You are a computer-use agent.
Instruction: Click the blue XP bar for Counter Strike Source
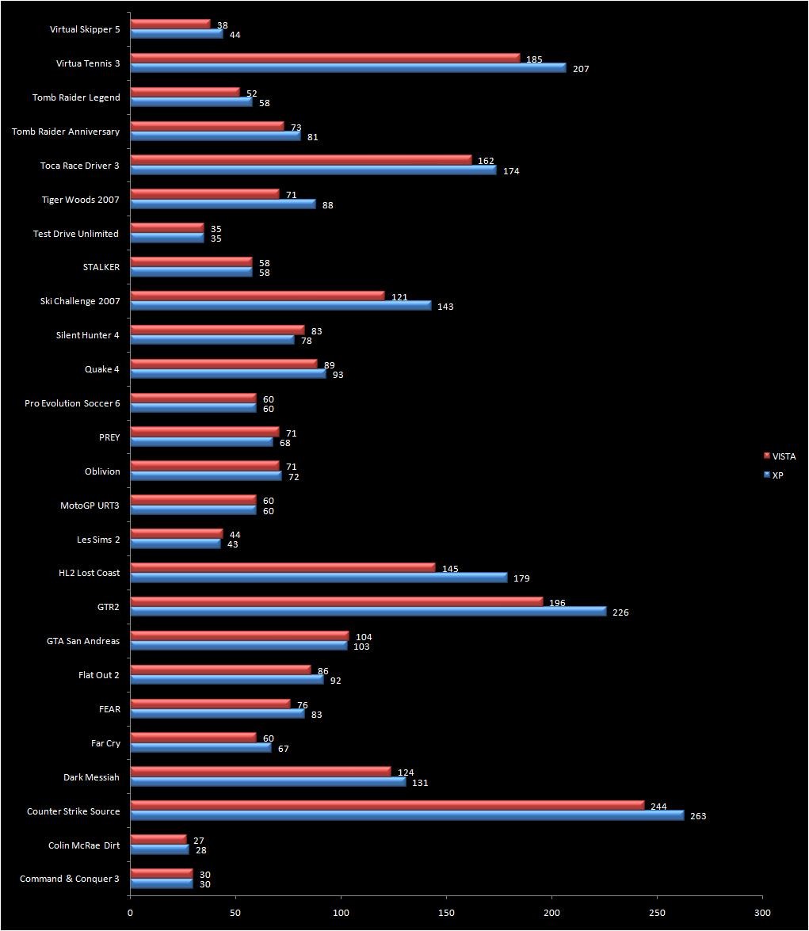(406, 815)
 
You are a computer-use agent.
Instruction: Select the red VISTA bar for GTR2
(341, 602)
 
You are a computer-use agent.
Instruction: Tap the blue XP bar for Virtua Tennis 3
(348, 68)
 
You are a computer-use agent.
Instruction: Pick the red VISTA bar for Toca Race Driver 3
(301, 160)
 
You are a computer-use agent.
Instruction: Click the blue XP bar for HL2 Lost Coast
(319, 578)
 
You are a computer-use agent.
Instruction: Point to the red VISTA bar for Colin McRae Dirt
(158, 840)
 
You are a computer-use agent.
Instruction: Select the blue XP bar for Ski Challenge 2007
(280, 306)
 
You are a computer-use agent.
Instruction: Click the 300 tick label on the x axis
(761, 912)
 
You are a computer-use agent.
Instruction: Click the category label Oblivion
(102, 471)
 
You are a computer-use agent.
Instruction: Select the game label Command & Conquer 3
(70, 879)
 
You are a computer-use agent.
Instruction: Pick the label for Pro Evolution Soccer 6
(72, 403)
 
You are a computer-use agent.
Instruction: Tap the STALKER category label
(101, 267)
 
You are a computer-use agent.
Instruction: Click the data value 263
(698, 816)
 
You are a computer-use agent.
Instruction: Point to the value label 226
(620, 612)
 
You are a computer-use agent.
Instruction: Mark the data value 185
(534, 59)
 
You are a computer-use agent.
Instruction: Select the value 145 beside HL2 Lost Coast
(450, 569)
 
